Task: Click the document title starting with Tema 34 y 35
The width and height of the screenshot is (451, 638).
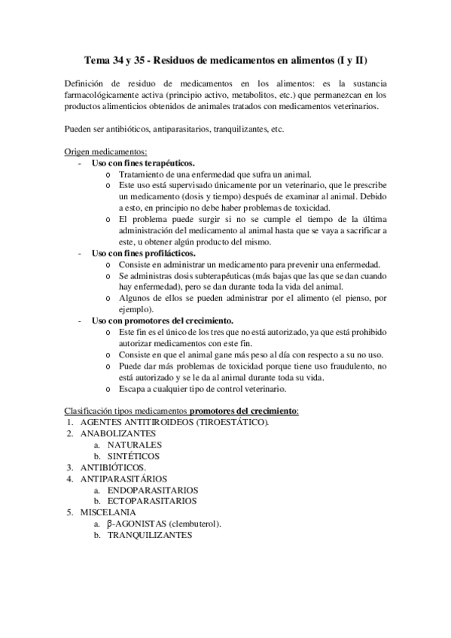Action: [x=225, y=59]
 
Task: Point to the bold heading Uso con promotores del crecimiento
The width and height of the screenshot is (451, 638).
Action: [x=162, y=321]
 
